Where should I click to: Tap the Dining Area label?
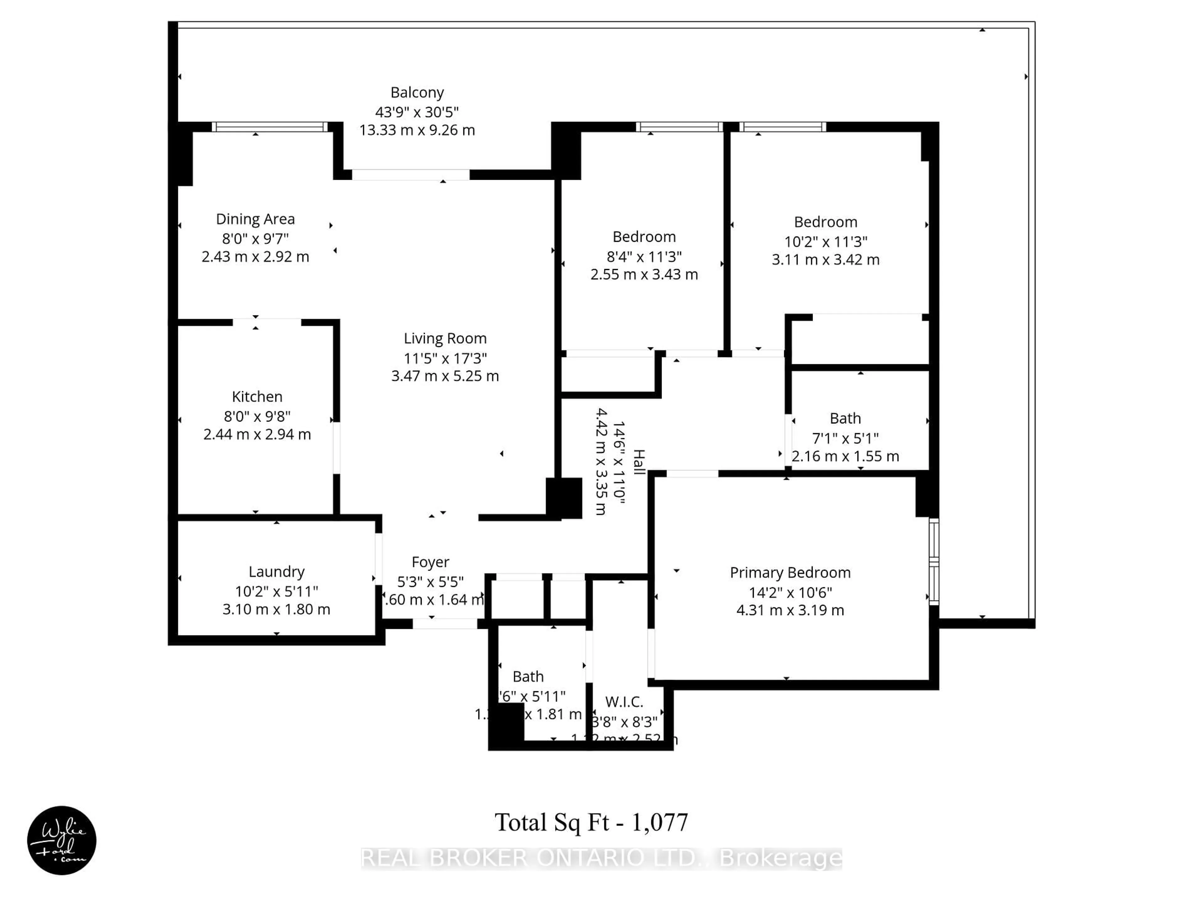pos(255,219)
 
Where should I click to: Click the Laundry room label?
pos(276,572)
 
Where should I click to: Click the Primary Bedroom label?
pos(790,573)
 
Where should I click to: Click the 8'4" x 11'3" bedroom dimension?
pos(644,256)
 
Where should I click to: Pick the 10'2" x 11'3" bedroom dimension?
pos(825,241)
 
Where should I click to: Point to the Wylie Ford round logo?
pos(61,840)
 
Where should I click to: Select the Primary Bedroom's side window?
pos(933,562)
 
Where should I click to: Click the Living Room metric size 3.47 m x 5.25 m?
pos(445,376)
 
